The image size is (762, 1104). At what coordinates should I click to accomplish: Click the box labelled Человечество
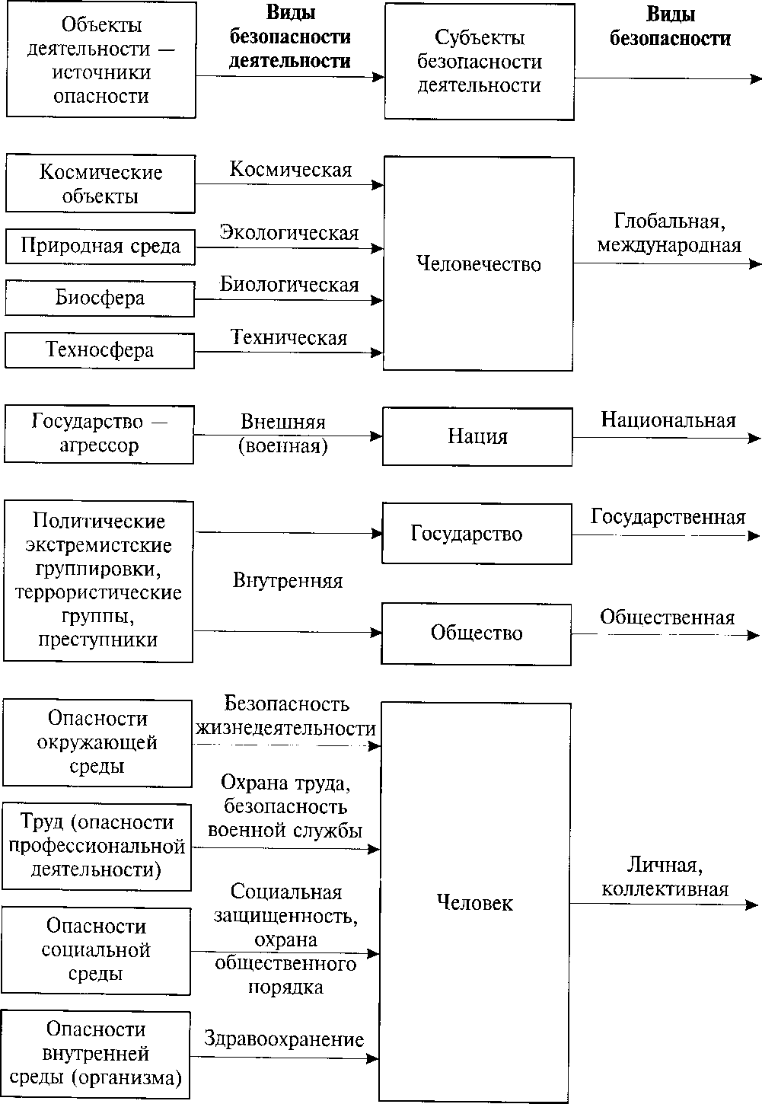click(x=478, y=263)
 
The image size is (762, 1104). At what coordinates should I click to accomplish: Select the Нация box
click(x=477, y=436)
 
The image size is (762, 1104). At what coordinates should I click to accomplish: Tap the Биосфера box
click(x=100, y=298)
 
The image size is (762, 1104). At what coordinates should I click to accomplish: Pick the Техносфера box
click(x=100, y=350)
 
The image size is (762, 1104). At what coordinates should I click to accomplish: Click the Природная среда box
click(x=100, y=247)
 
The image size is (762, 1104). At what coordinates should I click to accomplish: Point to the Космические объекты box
click(x=100, y=183)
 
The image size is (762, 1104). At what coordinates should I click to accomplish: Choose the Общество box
click(x=477, y=633)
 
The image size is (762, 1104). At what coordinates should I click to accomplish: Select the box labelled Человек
click(x=475, y=902)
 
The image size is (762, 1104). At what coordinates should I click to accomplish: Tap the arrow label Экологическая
click(x=289, y=233)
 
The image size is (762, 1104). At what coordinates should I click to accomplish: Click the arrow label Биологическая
click(x=289, y=286)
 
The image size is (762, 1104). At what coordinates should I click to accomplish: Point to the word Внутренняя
click(x=288, y=581)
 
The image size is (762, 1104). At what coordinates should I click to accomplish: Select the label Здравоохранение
click(x=284, y=1039)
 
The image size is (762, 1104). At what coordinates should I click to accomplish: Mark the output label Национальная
click(x=668, y=420)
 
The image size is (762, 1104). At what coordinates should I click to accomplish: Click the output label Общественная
click(x=668, y=617)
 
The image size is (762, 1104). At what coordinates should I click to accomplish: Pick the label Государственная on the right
click(x=668, y=518)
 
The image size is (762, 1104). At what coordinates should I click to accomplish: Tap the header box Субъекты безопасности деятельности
click(x=479, y=61)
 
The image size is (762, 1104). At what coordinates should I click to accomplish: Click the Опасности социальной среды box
click(x=96, y=949)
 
